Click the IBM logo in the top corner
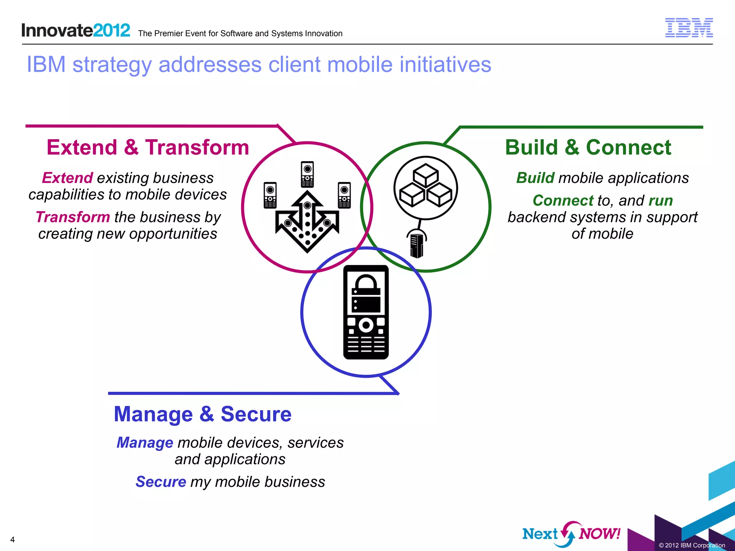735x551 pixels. click(x=689, y=28)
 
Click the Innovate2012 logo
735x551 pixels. click(x=76, y=30)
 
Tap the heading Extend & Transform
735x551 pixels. click(x=148, y=147)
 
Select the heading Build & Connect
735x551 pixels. click(x=588, y=147)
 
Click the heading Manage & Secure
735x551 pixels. click(x=202, y=414)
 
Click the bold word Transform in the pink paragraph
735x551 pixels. click(x=73, y=217)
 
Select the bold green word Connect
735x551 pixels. click(x=563, y=201)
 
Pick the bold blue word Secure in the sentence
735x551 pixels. click(x=161, y=482)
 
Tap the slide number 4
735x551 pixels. click(x=13, y=540)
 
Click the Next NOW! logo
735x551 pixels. click(x=571, y=534)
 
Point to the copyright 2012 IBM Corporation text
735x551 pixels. click(x=692, y=545)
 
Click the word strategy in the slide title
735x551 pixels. click(x=112, y=65)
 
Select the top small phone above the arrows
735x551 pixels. click(x=307, y=174)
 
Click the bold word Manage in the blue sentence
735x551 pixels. click(x=145, y=443)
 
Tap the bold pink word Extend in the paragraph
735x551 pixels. click(x=67, y=178)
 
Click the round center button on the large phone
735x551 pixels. click(x=366, y=325)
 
